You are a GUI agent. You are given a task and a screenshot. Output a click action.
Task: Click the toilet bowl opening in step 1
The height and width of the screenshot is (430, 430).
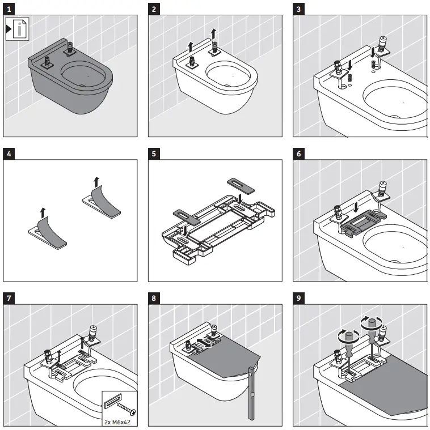(85, 76)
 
